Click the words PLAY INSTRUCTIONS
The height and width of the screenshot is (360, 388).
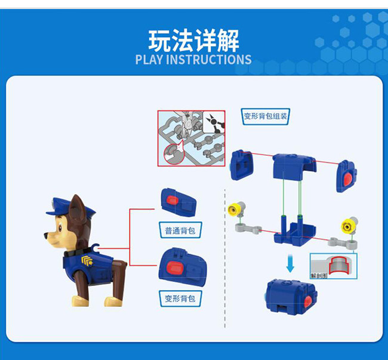pyautogui.click(x=193, y=60)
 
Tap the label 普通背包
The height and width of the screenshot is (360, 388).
pyautogui.click(x=180, y=230)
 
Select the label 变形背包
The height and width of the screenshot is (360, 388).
pyautogui.click(x=180, y=297)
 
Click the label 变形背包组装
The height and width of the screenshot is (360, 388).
pyautogui.click(x=266, y=116)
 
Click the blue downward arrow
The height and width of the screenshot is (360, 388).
pyautogui.click(x=290, y=263)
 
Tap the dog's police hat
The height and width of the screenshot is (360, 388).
pyautogui.click(x=61, y=208)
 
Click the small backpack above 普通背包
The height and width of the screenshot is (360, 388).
pyautogui.click(x=177, y=201)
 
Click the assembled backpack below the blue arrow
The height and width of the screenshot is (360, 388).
pyautogui.click(x=288, y=296)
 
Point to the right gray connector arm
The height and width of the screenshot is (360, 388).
pyautogui.click(x=343, y=242)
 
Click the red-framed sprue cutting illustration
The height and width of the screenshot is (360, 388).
pyautogui.click(x=191, y=137)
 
